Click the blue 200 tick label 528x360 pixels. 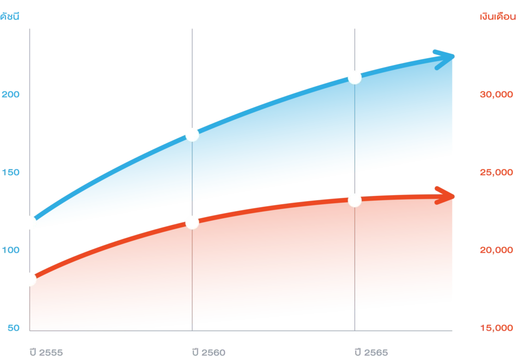[10, 95]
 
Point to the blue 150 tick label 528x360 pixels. [10, 172]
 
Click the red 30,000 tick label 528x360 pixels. [497, 95]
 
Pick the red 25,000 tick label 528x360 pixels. [497, 172]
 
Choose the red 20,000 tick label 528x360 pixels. [497, 251]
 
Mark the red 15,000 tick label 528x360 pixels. [497, 328]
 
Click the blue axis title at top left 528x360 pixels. [10, 16]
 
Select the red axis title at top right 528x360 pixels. [498, 17]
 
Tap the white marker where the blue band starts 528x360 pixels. [29, 223]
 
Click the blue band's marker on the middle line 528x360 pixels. [192, 134]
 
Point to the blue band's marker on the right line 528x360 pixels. [355, 77]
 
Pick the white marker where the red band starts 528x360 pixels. [29, 280]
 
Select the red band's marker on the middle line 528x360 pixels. [192, 222]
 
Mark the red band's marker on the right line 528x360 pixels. [355, 200]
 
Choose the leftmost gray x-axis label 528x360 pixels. [47, 353]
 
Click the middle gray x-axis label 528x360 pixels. [208, 353]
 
